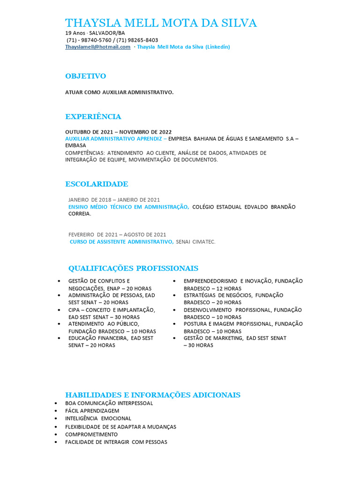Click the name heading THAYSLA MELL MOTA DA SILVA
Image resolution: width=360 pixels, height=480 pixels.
click(x=161, y=23)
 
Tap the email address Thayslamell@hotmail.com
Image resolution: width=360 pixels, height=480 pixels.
click(x=97, y=47)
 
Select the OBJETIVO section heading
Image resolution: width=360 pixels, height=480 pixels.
click(x=85, y=76)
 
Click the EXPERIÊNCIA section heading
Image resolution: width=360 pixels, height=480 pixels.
click(x=93, y=117)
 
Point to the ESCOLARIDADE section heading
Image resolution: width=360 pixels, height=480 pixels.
click(x=97, y=184)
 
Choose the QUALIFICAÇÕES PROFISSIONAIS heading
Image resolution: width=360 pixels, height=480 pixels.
click(x=133, y=268)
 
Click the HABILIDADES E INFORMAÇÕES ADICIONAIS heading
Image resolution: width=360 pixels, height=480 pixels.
click(x=152, y=395)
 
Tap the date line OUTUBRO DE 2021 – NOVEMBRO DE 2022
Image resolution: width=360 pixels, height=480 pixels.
click(x=118, y=132)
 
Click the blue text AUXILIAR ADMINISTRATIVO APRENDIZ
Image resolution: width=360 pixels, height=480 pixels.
click(x=114, y=139)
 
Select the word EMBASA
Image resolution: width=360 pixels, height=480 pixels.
click(x=75, y=146)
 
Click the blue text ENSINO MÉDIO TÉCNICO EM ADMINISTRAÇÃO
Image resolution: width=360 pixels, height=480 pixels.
click(x=128, y=207)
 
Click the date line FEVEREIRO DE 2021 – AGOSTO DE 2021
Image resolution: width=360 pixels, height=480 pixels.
click(x=117, y=234)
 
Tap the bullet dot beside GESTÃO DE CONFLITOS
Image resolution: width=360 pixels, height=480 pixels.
click(x=59, y=281)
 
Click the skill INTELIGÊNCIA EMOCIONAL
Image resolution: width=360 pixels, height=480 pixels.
click(x=98, y=418)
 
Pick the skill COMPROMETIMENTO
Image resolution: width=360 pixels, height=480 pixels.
click(x=91, y=434)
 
